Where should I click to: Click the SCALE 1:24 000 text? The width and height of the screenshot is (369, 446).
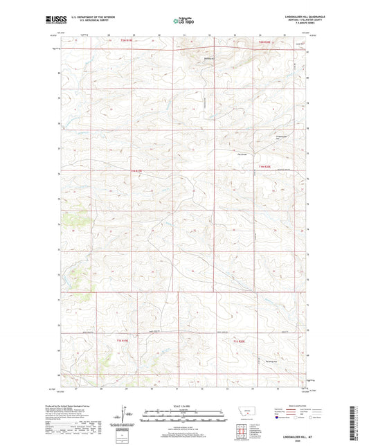click(x=184, y=406)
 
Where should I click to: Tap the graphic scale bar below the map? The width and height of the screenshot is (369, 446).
click(x=184, y=417)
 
